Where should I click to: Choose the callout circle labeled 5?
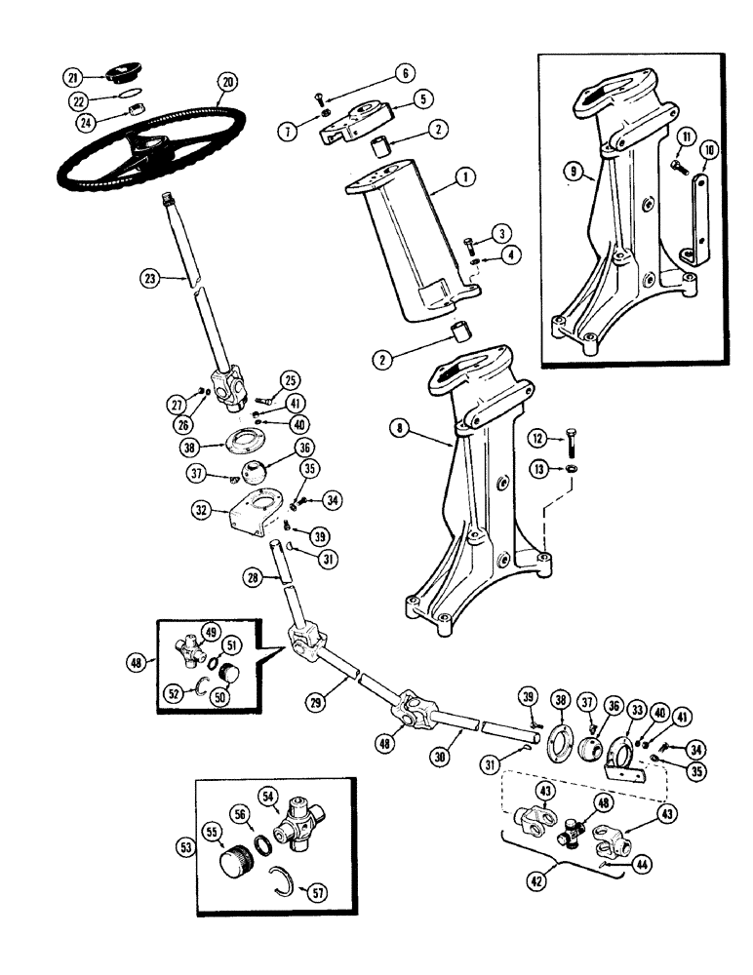422,97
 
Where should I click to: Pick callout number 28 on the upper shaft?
252,579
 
